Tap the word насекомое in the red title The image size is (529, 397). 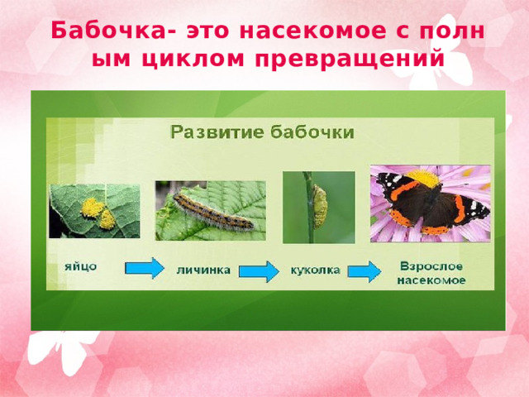(x=312, y=31)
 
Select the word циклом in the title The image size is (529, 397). (x=193, y=60)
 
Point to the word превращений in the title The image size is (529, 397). (x=350, y=60)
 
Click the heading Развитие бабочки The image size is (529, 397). (x=263, y=132)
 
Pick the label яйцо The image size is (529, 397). (x=81, y=267)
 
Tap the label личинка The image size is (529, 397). (x=203, y=270)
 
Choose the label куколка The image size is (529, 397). (x=316, y=270)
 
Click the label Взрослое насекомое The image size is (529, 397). (x=431, y=273)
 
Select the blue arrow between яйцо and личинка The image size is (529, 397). (x=145, y=268)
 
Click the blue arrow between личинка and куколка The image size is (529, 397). (x=259, y=271)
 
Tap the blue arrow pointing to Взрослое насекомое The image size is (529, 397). (x=365, y=271)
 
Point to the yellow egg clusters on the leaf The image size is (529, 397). (x=98, y=213)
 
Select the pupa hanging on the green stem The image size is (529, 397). (x=320, y=206)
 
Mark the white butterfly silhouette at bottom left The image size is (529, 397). (x=64, y=351)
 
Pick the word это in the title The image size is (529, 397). (x=207, y=31)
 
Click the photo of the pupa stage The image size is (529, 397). (x=319, y=208)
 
